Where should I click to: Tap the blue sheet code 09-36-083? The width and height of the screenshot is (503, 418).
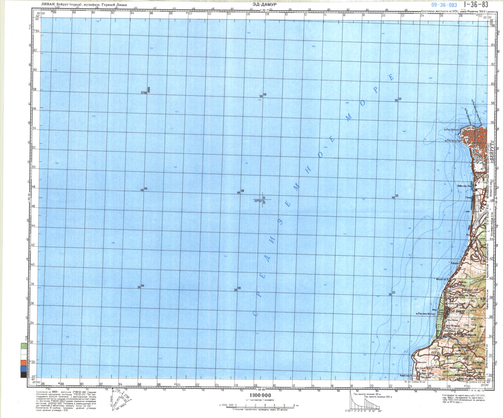point(444,5)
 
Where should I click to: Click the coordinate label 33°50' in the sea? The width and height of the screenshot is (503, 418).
point(258,201)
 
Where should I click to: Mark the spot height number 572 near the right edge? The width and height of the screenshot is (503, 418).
point(483,299)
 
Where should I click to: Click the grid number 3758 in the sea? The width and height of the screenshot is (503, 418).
point(143,93)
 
